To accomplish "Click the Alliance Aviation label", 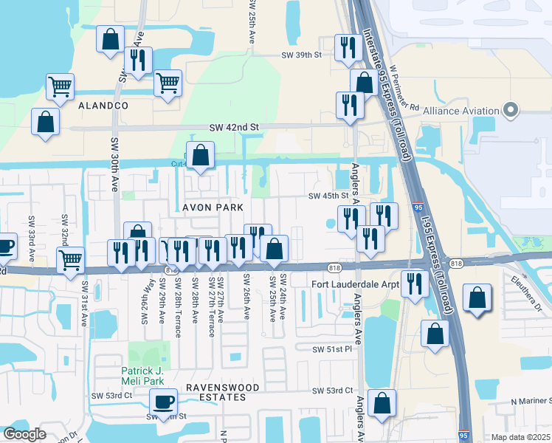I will [461, 111].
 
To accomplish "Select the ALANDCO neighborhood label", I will [103, 106].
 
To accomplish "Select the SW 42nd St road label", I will [235, 127].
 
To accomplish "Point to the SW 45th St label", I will [327, 196].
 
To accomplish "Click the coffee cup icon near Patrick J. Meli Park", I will [163, 402].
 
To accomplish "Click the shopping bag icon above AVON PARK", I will [200, 156].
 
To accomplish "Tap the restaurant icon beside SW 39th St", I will [345, 48].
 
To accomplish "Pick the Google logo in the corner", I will [25, 434].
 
